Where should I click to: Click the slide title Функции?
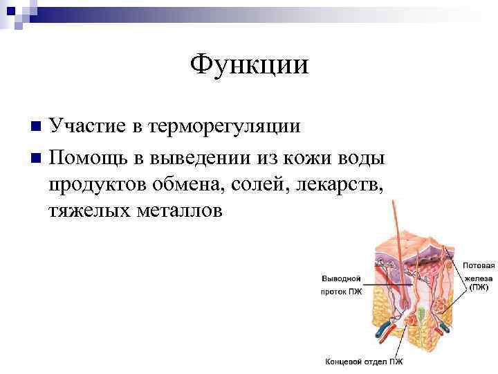click(249, 65)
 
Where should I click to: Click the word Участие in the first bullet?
click(88, 126)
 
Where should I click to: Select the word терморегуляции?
click(224, 126)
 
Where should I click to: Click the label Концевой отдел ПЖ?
click(364, 361)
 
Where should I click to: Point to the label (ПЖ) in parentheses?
click(479, 286)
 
